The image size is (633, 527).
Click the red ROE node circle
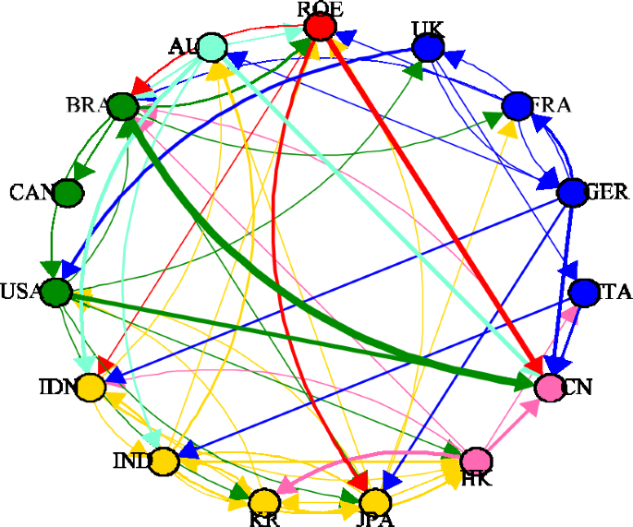[320, 27]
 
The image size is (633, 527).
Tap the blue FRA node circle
[516, 106]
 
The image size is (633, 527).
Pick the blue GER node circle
[573, 192]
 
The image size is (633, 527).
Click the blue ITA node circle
[584, 292]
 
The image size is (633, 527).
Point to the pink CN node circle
[552, 387]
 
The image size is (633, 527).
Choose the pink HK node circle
[476, 460]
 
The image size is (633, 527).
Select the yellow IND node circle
[164, 461]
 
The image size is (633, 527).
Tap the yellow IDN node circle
[91, 387]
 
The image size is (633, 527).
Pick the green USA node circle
[56, 292]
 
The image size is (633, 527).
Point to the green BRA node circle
[122, 106]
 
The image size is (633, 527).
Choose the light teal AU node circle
[212, 46]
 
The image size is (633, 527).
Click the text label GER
[607, 193]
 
